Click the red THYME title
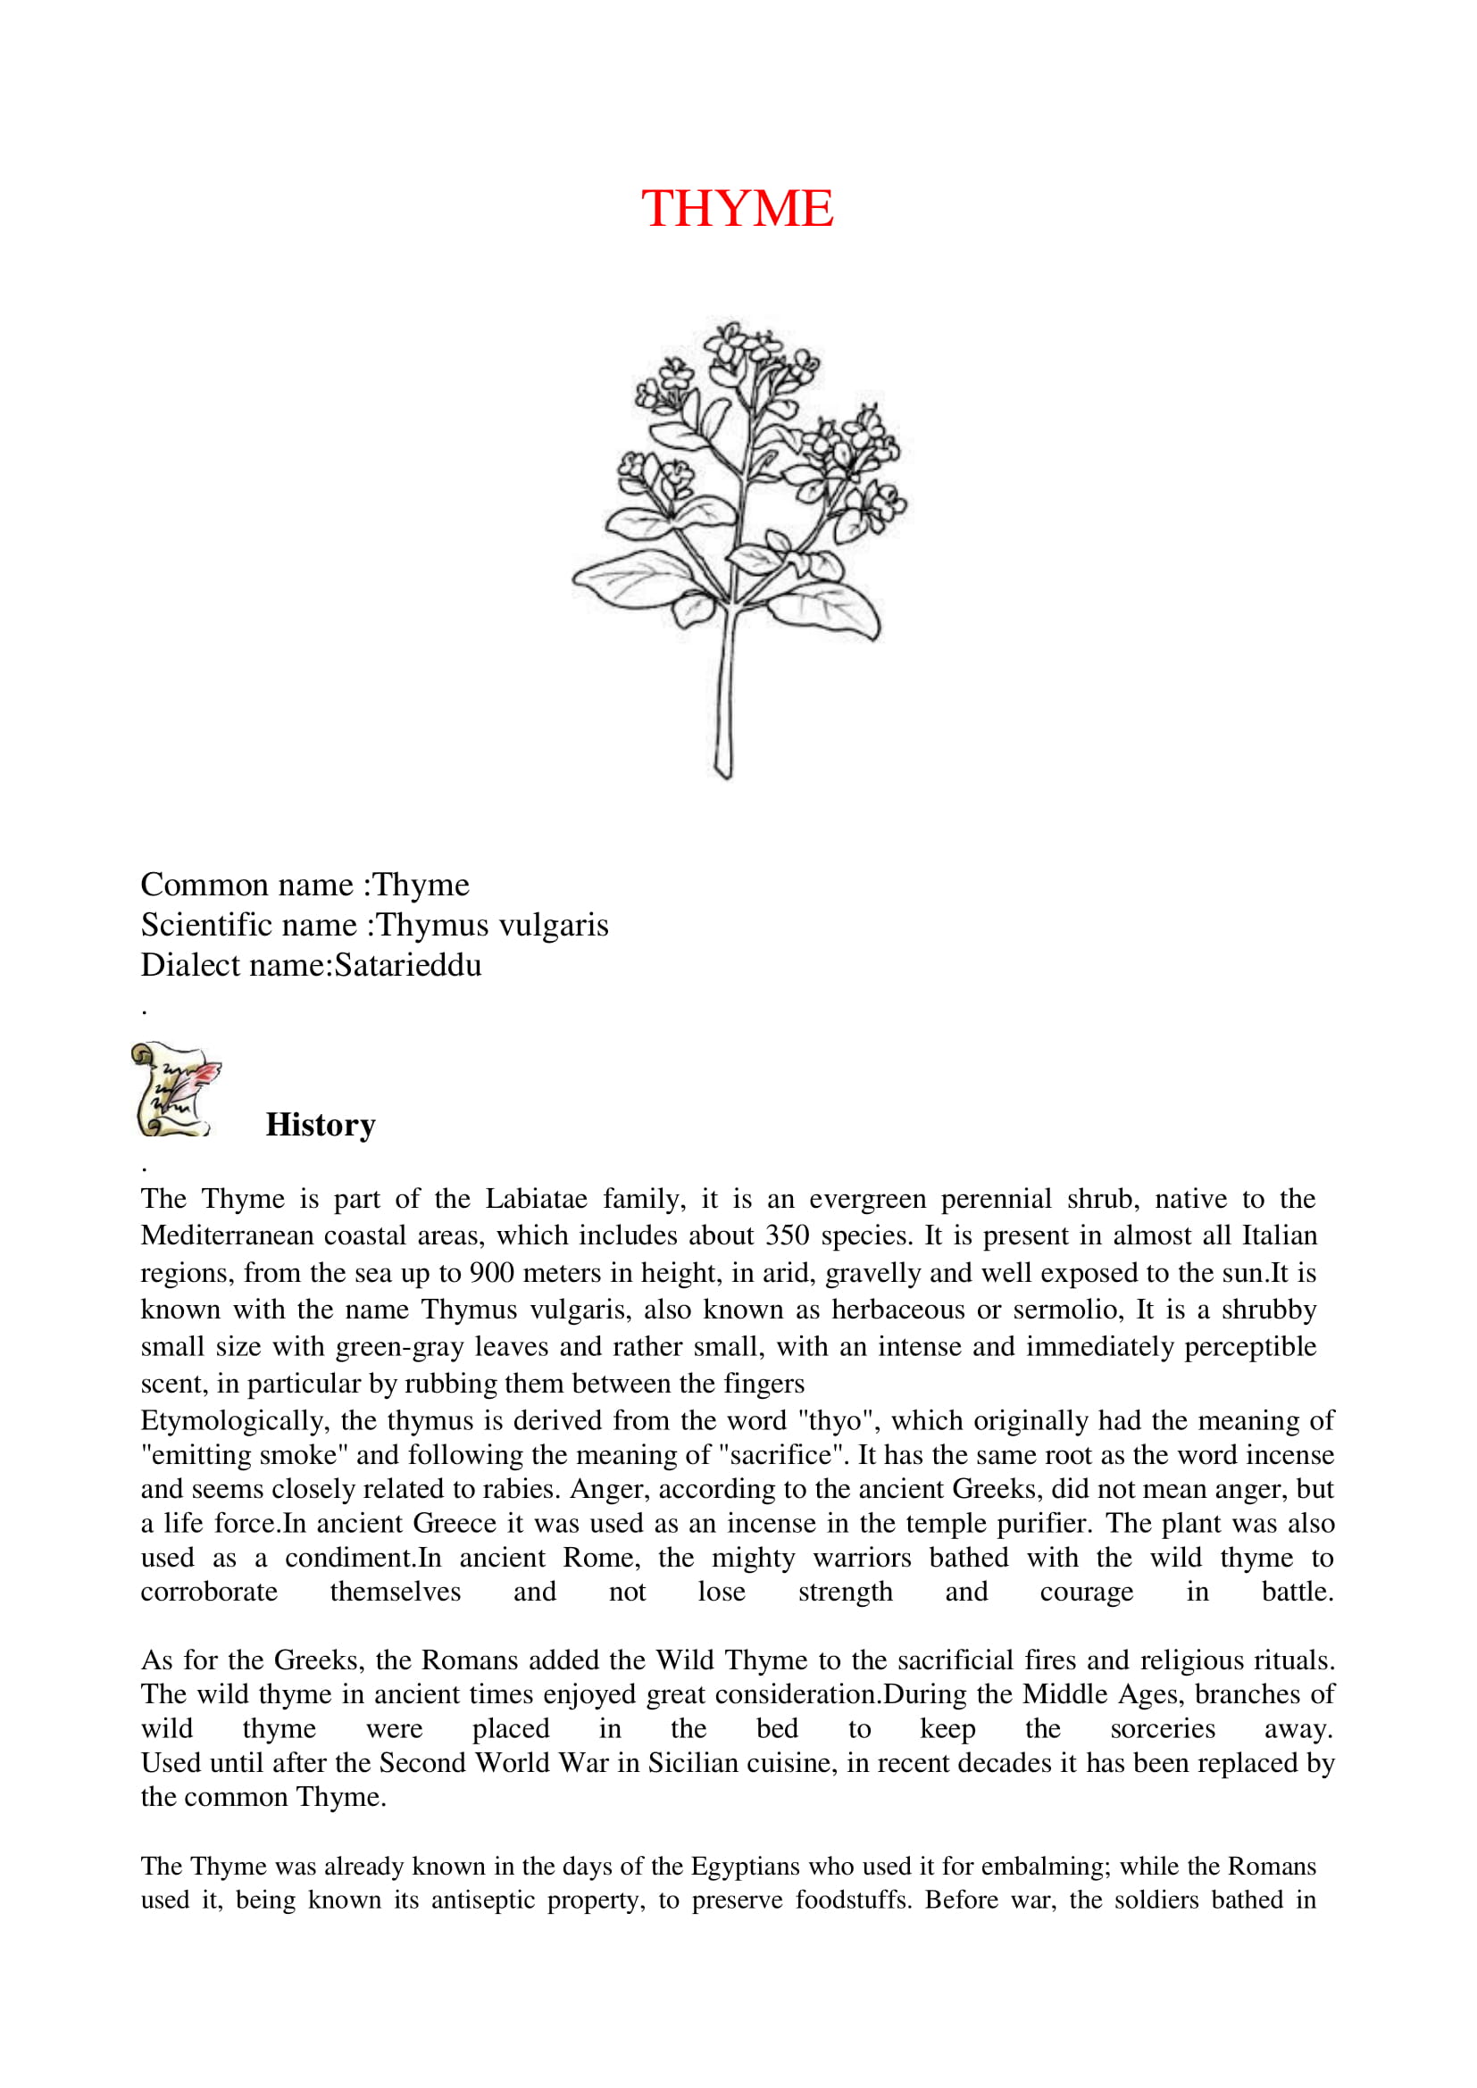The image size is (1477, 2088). [x=737, y=208]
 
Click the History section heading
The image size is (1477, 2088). [x=321, y=1125]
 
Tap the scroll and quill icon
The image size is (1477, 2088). [x=176, y=1088]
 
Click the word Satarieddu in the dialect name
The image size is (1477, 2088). [x=407, y=965]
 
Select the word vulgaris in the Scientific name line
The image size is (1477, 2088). [x=554, y=925]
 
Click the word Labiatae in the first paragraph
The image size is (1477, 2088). [x=536, y=1199]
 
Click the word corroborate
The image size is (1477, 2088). [x=209, y=1592]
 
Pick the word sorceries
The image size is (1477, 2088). [x=1163, y=1729]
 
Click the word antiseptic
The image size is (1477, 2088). [x=482, y=1900]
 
